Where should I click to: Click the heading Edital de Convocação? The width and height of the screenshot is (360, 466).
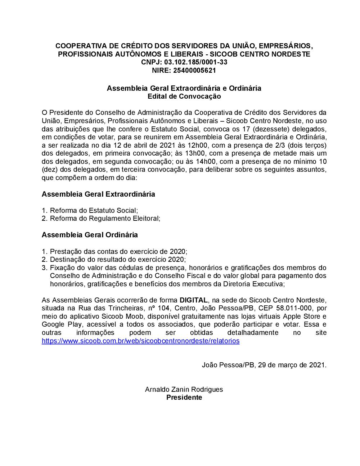(x=184, y=96)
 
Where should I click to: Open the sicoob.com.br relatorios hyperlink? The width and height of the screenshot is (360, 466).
(x=140, y=341)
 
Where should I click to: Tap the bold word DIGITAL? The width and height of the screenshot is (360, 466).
(x=194, y=300)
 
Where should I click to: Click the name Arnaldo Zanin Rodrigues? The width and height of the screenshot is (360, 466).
(x=184, y=389)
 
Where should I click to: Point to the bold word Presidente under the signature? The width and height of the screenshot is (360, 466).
(x=184, y=397)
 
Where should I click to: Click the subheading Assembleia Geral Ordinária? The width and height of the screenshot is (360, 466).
(x=90, y=235)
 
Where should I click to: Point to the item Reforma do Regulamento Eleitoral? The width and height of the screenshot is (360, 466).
(x=105, y=218)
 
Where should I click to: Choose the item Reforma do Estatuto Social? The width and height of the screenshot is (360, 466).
(x=94, y=210)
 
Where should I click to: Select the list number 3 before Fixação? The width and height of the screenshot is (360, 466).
(x=44, y=268)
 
